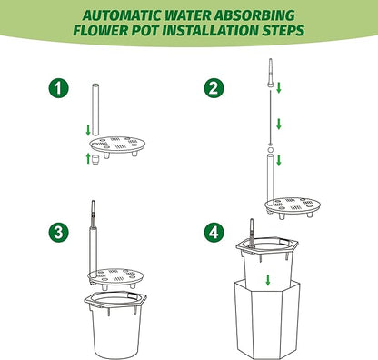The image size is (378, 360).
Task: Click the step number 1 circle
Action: [x=58, y=88]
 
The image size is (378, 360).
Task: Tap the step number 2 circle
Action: [x=214, y=88]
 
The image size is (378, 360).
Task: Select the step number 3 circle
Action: [x=58, y=233]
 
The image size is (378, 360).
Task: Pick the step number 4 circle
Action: [x=214, y=233]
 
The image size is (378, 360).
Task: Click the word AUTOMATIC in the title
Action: [x=122, y=15]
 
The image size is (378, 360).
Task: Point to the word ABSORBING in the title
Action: [x=254, y=15]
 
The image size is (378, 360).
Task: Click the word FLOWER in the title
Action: [x=101, y=31]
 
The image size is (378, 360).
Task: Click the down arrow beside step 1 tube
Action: [x=88, y=130]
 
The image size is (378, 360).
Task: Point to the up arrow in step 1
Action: [x=88, y=158]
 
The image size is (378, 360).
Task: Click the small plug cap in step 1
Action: [x=95, y=160]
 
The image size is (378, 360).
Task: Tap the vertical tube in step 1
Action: [x=95, y=109]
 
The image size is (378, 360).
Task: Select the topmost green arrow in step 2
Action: [x=279, y=87]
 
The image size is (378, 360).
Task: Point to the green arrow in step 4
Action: [x=268, y=280]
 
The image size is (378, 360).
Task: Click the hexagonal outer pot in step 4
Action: [x=267, y=320]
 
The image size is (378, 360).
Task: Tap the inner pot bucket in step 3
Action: [x=115, y=325]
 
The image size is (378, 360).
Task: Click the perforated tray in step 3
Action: [x=115, y=277]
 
